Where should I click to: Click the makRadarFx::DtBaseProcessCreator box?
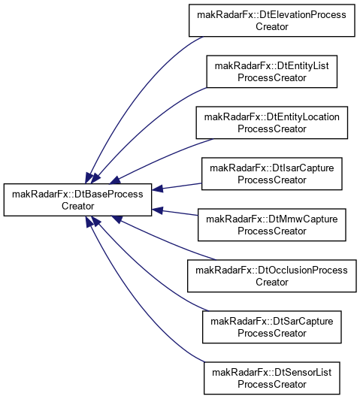pyautogui.click(x=77, y=200)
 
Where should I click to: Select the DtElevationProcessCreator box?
pyautogui.click(x=272, y=20)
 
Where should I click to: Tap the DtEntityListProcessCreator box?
pyautogui.click(x=272, y=71)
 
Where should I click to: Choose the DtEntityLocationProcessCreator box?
pyautogui.click(x=272, y=122)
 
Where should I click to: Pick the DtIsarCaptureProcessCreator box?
pyautogui.click(x=272, y=174)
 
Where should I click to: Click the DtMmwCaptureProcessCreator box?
pyautogui.click(x=272, y=225)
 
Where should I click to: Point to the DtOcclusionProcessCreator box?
pyautogui.click(x=272, y=276)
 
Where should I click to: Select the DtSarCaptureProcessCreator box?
pyautogui.click(x=272, y=328)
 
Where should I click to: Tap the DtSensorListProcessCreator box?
pyautogui.click(x=272, y=379)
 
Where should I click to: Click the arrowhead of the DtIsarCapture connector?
pyautogui.click(x=157, y=189)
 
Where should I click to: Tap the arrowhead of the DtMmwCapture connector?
pyautogui.click(x=157, y=210)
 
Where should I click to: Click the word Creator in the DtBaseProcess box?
pyautogui.click(x=77, y=206)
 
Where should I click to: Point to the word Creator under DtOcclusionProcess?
pyautogui.click(x=272, y=282)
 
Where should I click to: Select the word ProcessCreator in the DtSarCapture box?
pyautogui.click(x=272, y=333)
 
